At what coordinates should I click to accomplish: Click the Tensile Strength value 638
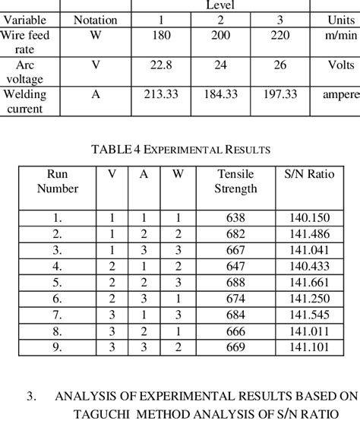click(x=235, y=217)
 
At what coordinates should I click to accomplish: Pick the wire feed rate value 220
click(x=280, y=36)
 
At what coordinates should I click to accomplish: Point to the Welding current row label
click(x=25, y=100)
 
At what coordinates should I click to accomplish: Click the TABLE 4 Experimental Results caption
click(x=180, y=148)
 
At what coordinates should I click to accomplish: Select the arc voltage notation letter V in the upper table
click(x=95, y=65)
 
